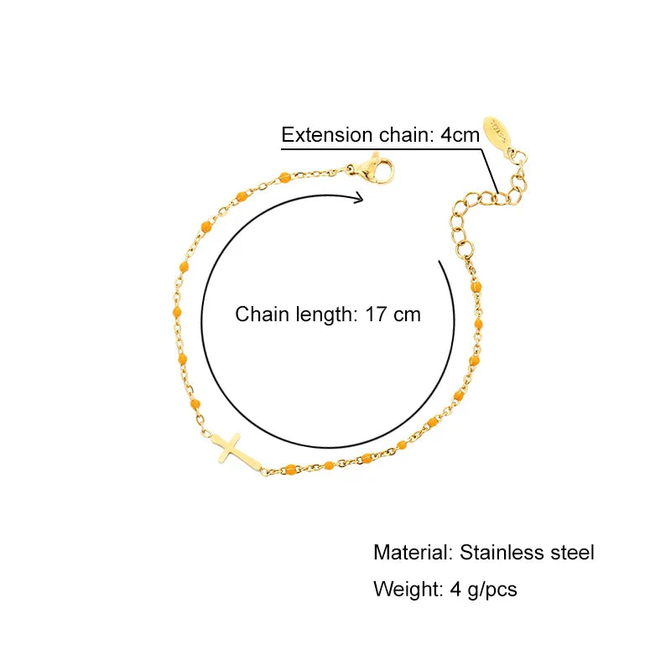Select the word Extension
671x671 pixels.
pos(326,135)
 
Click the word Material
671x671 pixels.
pos(413,553)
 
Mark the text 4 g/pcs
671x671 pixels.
pos(484,590)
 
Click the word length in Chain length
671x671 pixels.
pos(321,315)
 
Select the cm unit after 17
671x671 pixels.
pos(408,315)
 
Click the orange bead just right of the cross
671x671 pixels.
pos(289,468)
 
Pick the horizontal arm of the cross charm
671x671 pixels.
pos(226,442)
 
